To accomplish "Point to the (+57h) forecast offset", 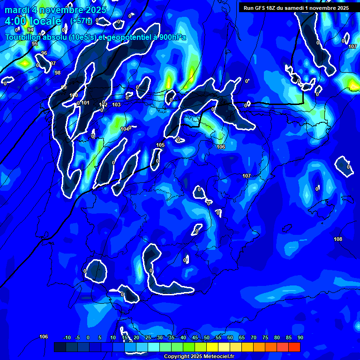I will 81,21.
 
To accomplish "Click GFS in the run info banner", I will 262,8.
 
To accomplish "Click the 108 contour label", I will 338,239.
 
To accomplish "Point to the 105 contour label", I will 160,145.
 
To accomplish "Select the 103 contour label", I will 116,105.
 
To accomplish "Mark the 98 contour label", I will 57,73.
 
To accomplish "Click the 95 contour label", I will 35,44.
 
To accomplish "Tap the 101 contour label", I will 85,103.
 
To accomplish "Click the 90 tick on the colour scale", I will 300,337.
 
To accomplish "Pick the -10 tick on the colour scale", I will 67,337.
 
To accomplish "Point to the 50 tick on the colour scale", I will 207,337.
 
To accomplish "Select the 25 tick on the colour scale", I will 148,337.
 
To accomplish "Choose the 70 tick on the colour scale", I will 254,337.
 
